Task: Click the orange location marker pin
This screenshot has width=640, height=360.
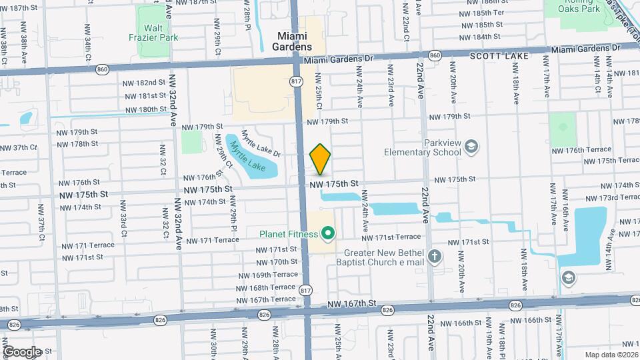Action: [320, 159]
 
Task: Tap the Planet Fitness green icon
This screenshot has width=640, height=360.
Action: [327, 233]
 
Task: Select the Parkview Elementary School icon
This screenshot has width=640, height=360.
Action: [471, 147]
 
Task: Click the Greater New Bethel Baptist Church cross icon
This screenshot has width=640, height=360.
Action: [435, 256]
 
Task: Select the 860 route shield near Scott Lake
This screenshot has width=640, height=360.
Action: [435, 55]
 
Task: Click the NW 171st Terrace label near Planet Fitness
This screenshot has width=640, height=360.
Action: [391, 237]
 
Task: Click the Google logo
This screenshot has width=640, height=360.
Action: [22, 351]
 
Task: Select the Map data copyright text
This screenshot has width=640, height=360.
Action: [611, 355]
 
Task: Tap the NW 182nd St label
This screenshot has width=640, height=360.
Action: [144, 82]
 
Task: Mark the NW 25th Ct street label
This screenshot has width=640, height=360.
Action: [319, 97]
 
